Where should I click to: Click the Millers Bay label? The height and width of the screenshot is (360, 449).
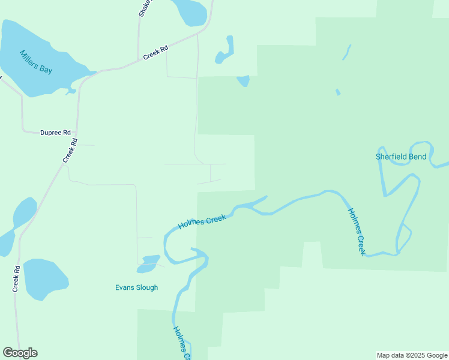(36, 61)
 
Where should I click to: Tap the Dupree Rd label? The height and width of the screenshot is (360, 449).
(55, 132)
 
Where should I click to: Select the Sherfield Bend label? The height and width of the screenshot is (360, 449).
(401, 157)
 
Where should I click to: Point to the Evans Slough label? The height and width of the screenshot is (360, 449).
(136, 287)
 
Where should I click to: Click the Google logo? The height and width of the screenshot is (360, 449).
(20, 353)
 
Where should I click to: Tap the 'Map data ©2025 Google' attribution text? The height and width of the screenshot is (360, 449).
(412, 355)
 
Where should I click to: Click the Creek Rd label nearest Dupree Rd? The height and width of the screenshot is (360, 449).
(71, 151)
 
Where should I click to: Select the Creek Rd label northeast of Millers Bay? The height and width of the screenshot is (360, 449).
(155, 53)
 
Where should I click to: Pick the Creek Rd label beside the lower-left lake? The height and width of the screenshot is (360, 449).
(17, 279)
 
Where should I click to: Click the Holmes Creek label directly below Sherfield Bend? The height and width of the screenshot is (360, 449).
(357, 232)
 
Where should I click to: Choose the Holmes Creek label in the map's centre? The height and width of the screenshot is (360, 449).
(202, 222)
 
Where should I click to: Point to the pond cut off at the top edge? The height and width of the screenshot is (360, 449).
(191, 11)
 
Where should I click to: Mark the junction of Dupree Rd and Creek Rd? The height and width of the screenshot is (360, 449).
(77, 133)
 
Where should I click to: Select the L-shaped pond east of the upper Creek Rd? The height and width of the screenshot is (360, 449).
(226, 52)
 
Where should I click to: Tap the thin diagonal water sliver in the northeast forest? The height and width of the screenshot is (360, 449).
(346, 52)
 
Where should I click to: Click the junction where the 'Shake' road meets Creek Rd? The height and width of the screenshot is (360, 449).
(138, 61)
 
